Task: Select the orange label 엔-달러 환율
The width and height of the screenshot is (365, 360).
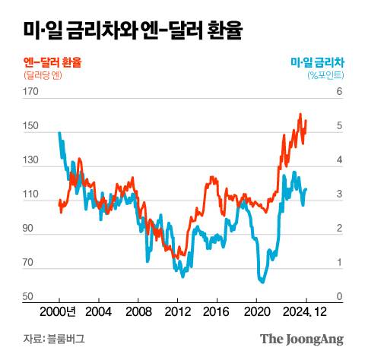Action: tap(52, 62)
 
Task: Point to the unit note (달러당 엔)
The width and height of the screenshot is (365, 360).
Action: tap(45, 75)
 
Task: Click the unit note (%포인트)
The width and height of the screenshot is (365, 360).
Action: tap(325, 75)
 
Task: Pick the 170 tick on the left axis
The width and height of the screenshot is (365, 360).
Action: tap(31, 92)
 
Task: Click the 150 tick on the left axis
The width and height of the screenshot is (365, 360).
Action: tap(31, 126)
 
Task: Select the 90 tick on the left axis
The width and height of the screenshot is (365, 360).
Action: tap(31, 229)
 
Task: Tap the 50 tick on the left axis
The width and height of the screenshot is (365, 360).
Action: tap(31, 297)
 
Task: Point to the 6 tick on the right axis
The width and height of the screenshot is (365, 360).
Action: tap(339, 92)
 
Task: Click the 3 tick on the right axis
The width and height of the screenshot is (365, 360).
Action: tap(339, 194)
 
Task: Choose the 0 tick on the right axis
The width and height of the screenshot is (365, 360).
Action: tap(339, 297)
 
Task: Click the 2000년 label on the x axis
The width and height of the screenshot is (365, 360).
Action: tap(58, 311)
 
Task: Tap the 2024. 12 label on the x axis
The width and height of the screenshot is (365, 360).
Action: tap(307, 311)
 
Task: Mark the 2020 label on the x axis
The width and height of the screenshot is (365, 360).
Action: tap(256, 311)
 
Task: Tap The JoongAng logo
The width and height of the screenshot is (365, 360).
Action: tap(302, 339)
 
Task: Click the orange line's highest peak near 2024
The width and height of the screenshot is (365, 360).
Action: tap(300, 114)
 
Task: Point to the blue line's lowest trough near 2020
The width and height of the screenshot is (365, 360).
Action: tap(262, 283)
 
